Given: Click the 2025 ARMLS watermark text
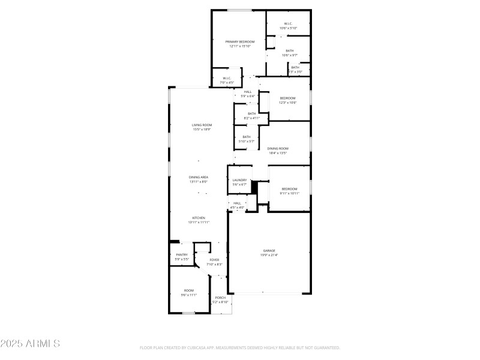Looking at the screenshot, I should tap(30, 344).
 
